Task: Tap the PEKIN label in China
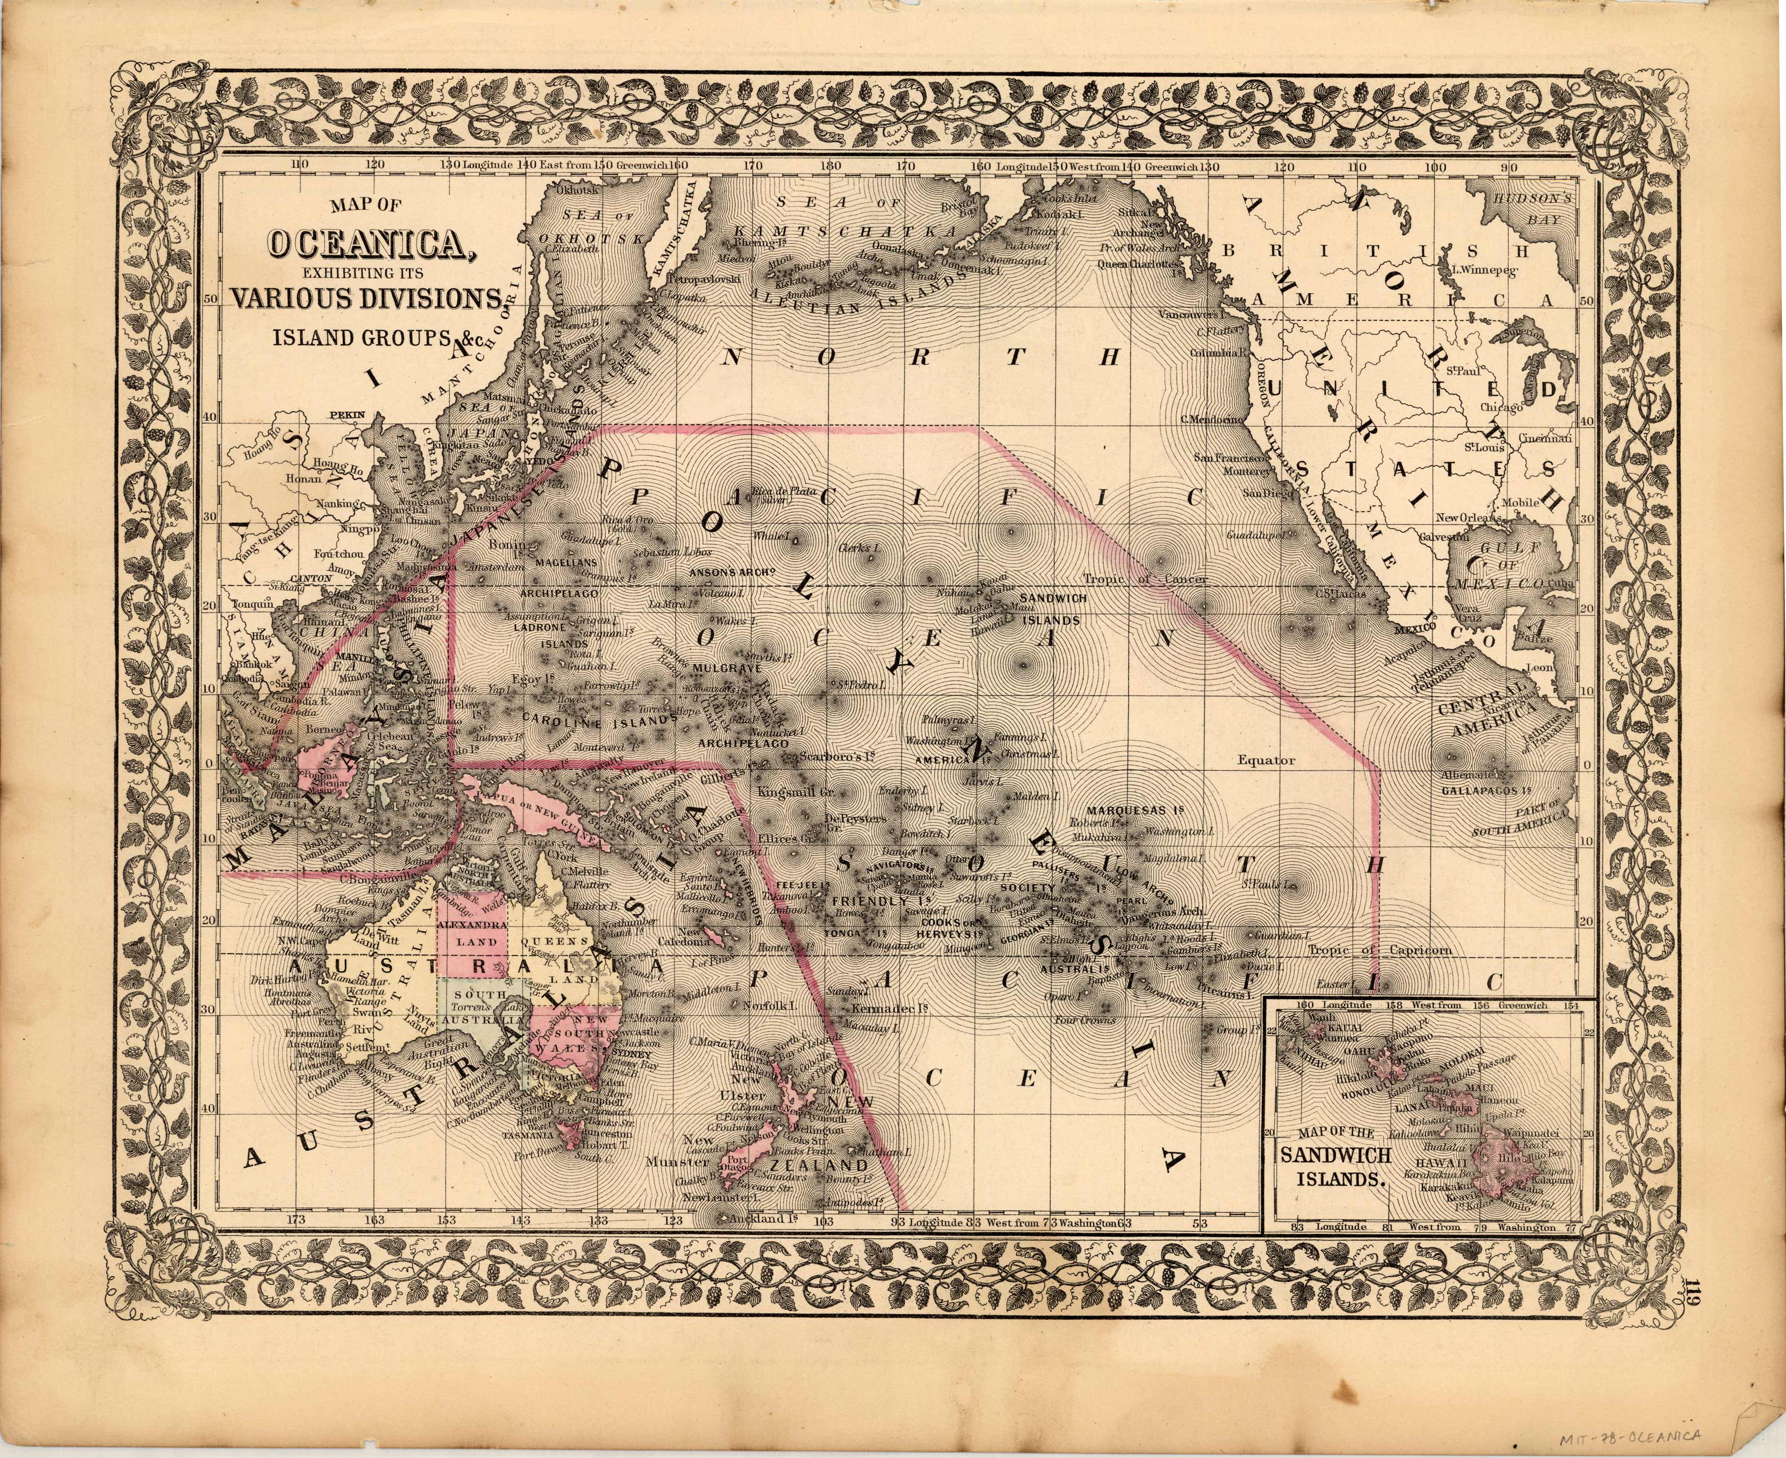tap(343, 415)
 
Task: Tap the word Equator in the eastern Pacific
tap(1266, 760)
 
